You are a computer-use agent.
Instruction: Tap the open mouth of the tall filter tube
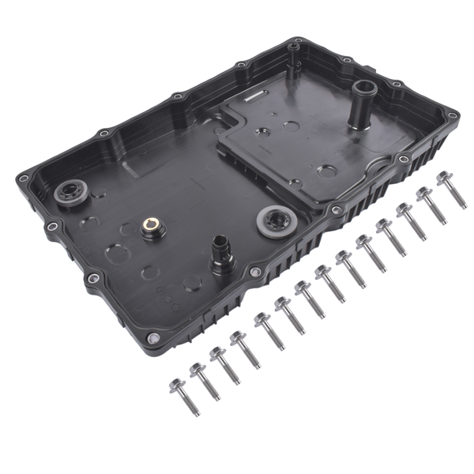point(367,85)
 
